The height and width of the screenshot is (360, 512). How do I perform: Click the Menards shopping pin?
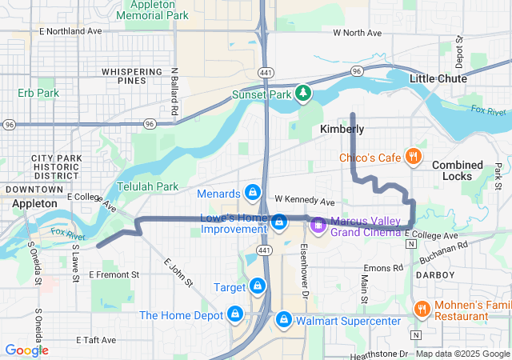253,193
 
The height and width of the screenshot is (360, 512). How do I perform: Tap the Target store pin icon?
257,286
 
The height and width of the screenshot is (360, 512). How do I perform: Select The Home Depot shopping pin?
236,314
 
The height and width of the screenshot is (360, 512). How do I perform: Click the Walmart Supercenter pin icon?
283,320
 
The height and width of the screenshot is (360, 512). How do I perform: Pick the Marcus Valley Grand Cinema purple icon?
318,225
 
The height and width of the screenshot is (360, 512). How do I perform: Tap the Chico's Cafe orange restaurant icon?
414,157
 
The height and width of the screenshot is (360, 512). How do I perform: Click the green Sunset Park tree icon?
303,94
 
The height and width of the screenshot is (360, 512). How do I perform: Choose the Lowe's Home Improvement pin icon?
279,222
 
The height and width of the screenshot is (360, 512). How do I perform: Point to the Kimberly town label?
342,129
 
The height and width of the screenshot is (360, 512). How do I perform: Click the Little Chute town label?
438,78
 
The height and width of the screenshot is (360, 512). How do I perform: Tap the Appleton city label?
34,204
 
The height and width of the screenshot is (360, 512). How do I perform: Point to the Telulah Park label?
147,187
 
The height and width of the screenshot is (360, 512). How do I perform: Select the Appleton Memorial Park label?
152,10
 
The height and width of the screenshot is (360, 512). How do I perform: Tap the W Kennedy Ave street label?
304,200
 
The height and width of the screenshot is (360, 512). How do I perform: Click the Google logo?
26,350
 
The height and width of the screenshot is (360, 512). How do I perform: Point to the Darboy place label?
435,274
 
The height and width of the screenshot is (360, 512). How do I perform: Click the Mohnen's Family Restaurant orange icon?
421,308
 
